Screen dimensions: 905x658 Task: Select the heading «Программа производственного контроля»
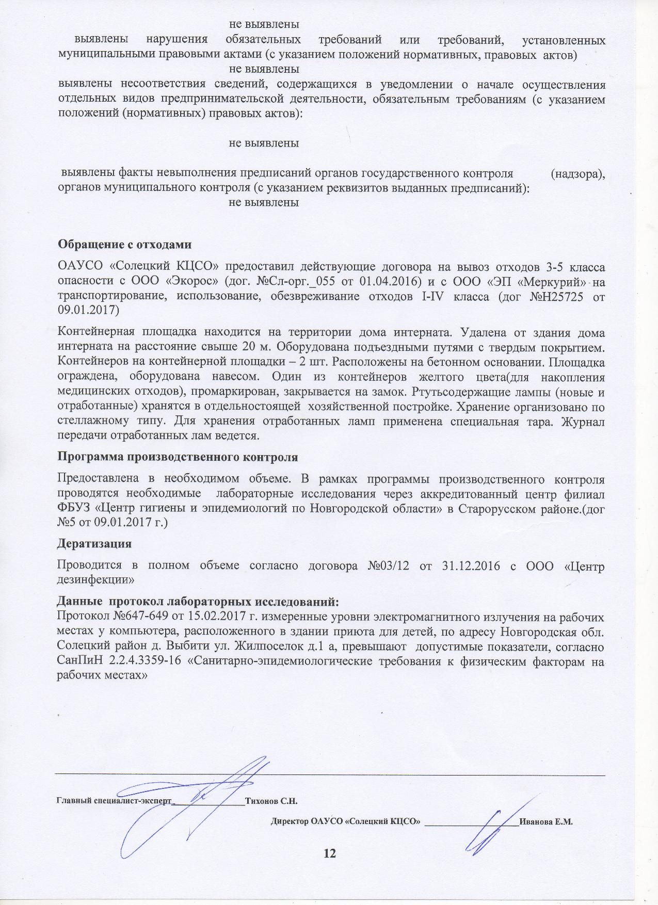[178, 457]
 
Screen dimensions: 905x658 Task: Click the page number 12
[329, 853]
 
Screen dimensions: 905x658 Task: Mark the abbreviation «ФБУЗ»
[74, 509]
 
